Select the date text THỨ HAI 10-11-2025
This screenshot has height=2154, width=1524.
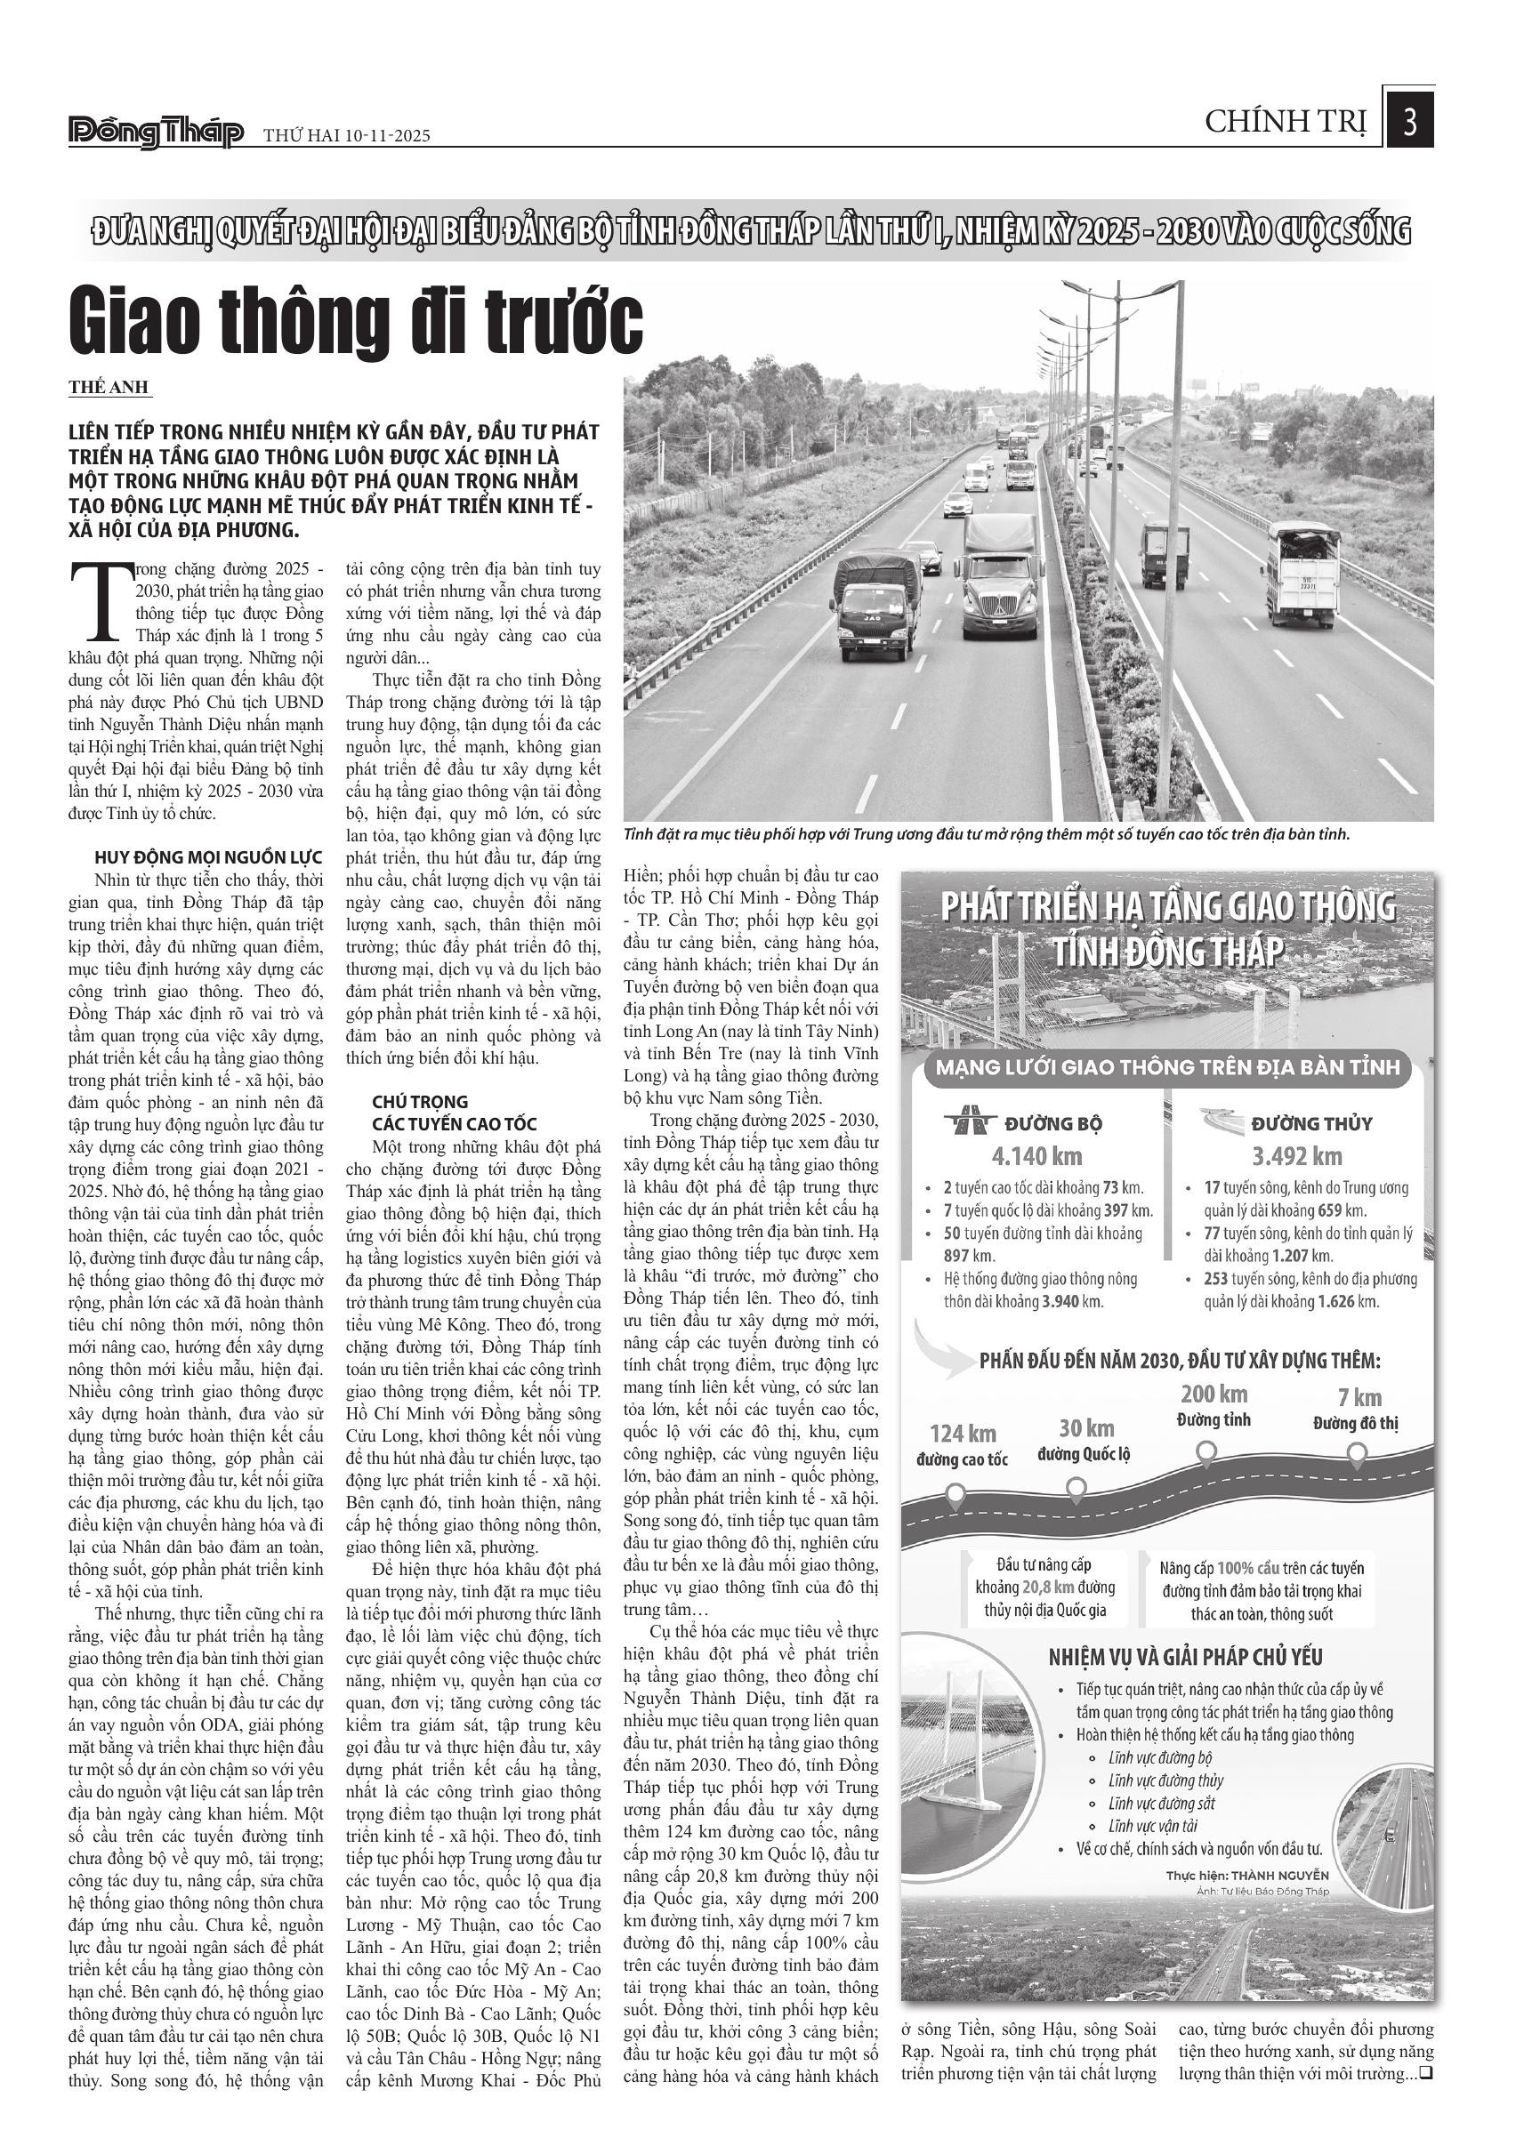(x=346, y=136)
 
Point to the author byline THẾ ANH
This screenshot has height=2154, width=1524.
(x=109, y=388)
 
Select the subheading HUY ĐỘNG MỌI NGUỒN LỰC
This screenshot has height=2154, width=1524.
(x=208, y=857)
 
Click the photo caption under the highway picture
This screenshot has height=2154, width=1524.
(x=987, y=834)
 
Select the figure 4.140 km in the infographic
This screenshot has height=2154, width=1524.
(x=1037, y=1156)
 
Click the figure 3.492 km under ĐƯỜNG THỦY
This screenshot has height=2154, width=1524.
(x=1296, y=1156)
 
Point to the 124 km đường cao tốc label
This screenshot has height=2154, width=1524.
(x=963, y=1445)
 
